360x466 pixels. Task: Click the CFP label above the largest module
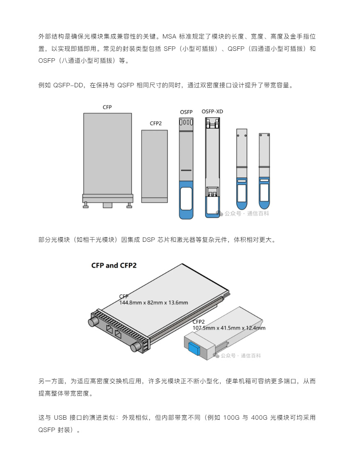tap(107, 107)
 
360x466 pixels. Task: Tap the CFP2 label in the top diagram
tap(155, 123)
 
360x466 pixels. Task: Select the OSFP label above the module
tap(186, 112)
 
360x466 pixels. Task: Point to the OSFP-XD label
tap(212, 111)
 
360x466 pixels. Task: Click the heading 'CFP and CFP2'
tap(114, 266)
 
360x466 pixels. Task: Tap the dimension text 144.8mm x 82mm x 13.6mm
tap(154, 302)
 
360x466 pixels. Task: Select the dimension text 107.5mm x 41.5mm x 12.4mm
tap(229, 328)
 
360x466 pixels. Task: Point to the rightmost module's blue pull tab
tap(264, 193)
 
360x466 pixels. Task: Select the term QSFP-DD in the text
tap(68, 85)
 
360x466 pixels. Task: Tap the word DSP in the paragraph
tap(149, 240)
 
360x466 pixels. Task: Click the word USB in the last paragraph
tap(60, 418)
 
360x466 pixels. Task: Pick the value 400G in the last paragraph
tap(258, 418)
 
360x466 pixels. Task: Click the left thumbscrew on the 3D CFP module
tap(93, 322)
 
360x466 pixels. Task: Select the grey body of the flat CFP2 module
tap(154, 166)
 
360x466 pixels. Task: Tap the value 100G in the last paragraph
tap(231, 418)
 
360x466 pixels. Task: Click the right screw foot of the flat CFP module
tap(129, 205)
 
